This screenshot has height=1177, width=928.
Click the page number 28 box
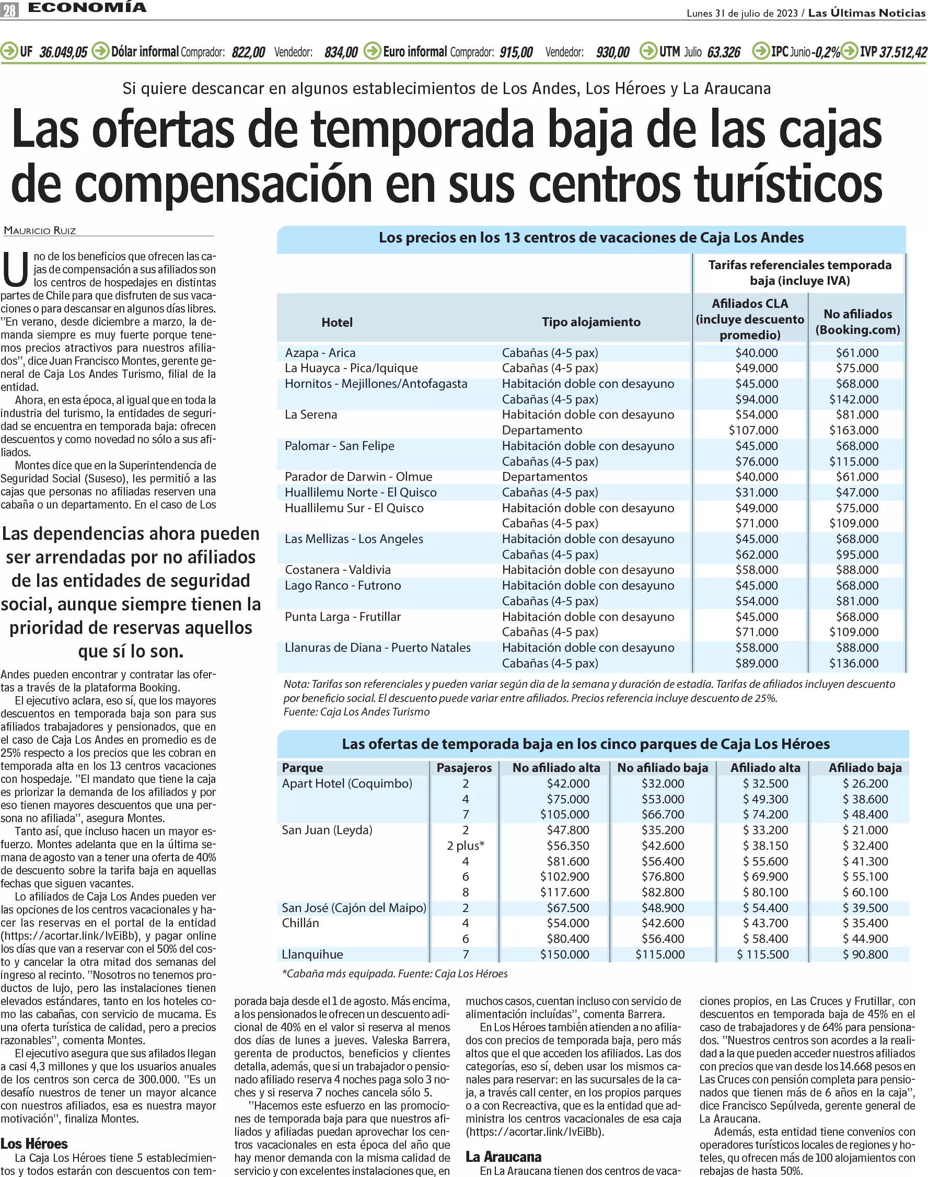[x=10, y=10]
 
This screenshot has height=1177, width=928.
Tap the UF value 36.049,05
[x=63, y=52]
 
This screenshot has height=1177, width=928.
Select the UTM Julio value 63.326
[x=724, y=52]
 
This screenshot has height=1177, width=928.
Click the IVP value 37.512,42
[x=903, y=52]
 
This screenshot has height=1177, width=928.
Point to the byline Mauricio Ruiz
[x=40, y=230]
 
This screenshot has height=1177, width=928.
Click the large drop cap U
[x=15, y=270]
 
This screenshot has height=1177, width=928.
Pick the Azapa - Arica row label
[x=320, y=353]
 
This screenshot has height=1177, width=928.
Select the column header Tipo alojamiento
[x=591, y=322]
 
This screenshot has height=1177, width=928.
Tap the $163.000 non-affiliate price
[x=854, y=430]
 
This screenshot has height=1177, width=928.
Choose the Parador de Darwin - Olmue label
[x=358, y=477]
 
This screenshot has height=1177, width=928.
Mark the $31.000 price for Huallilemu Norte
[x=756, y=492]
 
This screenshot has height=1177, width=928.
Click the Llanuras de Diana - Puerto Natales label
[x=378, y=648]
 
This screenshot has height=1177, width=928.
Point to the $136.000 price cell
[x=854, y=663]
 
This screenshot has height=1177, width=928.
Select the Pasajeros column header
[x=464, y=768]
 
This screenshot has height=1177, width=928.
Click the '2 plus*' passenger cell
[x=466, y=846]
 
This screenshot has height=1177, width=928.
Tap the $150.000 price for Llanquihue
[x=564, y=954]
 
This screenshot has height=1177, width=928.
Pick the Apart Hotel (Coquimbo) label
[x=347, y=783]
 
